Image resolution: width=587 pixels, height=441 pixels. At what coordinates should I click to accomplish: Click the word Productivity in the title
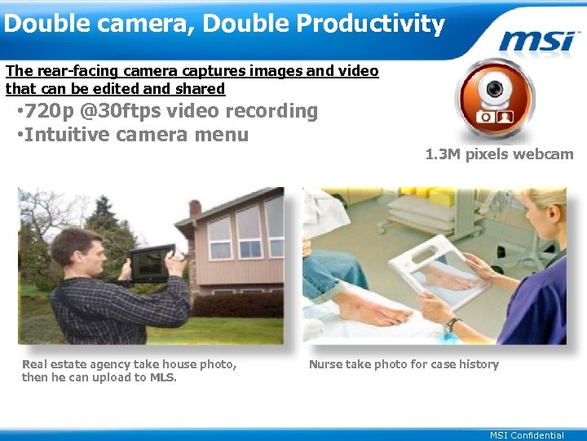pos(370,24)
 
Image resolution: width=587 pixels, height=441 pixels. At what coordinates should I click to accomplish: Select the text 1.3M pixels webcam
pos(499,154)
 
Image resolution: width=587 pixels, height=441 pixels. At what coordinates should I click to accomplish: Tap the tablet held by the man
pos(151,263)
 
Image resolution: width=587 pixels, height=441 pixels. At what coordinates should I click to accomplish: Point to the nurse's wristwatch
pos(450,324)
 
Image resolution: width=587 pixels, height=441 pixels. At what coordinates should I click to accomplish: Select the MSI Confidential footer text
pos(526,435)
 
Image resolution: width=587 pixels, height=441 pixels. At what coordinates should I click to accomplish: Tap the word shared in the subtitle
pos(204,88)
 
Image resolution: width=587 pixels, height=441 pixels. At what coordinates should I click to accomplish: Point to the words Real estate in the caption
pos(53,364)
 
